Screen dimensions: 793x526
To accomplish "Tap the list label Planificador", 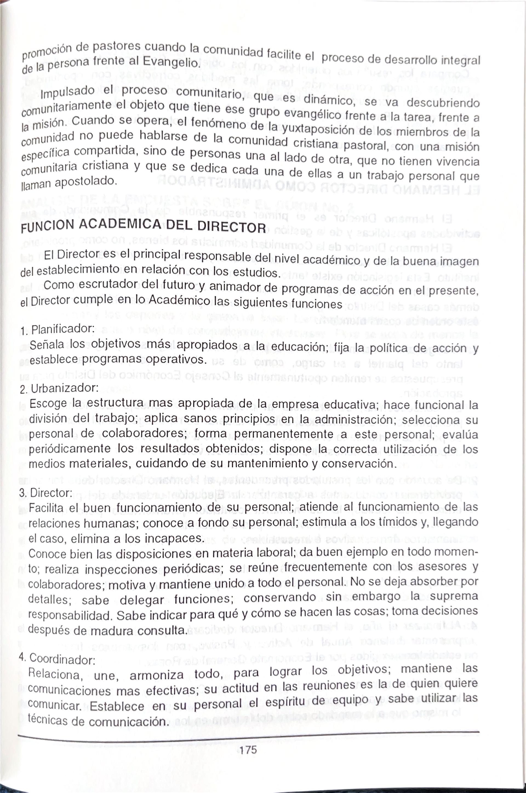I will pyautogui.click(x=62, y=329).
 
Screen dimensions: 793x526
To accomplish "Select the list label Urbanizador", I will pyautogui.click(x=64, y=388).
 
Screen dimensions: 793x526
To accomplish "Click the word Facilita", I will pyautogui.click(x=46, y=508).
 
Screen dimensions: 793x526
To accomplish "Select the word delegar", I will pyautogui.click(x=142, y=600).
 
